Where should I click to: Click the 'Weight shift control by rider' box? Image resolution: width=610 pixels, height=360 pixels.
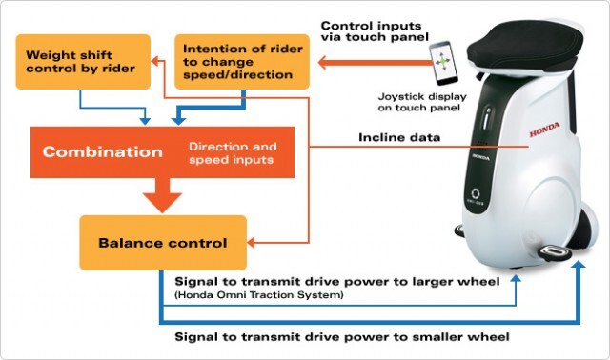click(83, 62)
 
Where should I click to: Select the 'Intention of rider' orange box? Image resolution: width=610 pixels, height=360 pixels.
click(242, 62)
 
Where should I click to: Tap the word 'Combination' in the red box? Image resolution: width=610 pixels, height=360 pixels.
click(103, 151)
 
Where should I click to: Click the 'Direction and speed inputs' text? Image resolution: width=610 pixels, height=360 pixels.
click(233, 152)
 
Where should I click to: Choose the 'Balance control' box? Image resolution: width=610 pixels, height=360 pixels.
click(163, 243)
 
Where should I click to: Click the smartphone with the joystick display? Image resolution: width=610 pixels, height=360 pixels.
click(443, 63)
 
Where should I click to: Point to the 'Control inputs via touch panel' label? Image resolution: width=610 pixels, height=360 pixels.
click(375, 31)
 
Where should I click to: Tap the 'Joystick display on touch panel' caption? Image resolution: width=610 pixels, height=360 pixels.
click(422, 102)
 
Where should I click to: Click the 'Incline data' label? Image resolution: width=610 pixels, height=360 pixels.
click(399, 137)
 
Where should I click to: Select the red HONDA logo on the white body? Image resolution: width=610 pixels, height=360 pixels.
click(544, 130)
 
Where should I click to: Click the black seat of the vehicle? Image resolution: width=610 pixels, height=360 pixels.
click(525, 49)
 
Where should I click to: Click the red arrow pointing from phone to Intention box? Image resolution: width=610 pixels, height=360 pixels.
click(375, 62)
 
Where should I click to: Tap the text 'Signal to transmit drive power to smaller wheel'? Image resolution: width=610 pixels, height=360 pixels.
click(342, 337)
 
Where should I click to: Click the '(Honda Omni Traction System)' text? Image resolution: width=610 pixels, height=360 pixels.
click(259, 295)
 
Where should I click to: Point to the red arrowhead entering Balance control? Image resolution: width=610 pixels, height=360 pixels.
click(251, 243)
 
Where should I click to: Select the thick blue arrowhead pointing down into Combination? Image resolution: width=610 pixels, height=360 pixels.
click(178, 120)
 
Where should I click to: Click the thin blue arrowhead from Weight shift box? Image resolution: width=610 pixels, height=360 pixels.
click(145, 121)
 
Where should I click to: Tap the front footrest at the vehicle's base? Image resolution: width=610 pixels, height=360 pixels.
click(555, 251)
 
